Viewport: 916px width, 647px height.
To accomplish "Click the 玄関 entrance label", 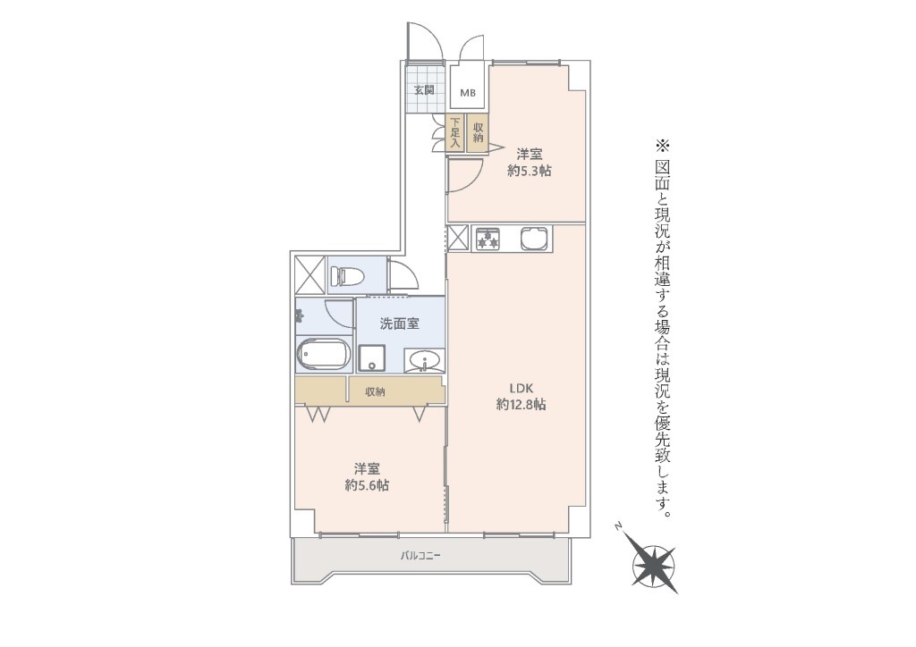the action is tap(424, 90).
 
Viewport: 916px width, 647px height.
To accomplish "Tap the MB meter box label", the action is tap(467, 93).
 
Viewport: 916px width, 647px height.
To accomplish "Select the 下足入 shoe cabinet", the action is tap(455, 133).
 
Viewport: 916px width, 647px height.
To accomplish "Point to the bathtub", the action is tap(324, 356).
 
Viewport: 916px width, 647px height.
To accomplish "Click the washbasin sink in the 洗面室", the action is tap(425, 360).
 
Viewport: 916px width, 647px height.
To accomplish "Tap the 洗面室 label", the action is tap(400, 323).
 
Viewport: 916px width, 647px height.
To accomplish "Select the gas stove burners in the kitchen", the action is tap(488, 239).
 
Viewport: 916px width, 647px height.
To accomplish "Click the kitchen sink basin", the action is tap(534, 238).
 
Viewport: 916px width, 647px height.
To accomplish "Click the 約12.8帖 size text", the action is tap(522, 404).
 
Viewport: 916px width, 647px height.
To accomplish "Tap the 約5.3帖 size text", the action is tap(530, 171).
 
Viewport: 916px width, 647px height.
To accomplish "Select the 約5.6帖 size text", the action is tap(367, 485).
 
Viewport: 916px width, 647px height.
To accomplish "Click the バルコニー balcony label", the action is tap(420, 556).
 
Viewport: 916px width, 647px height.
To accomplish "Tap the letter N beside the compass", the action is tap(617, 526).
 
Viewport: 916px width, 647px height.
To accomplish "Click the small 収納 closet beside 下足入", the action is tap(478, 133).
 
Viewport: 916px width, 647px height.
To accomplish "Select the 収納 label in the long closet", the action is tap(375, 391).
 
